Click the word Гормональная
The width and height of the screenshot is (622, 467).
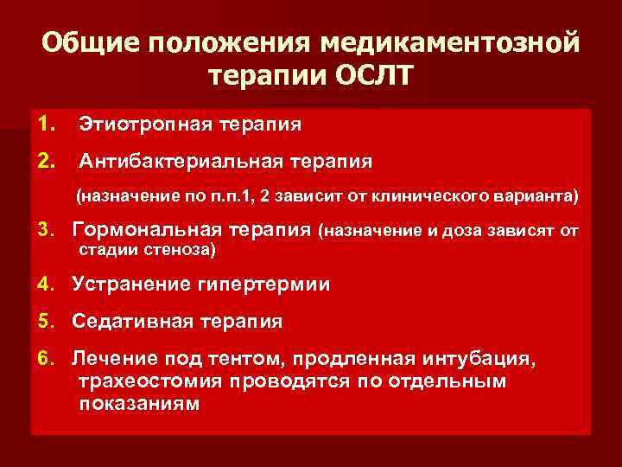click(x=155, y=231)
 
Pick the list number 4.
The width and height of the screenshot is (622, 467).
click(x=45, y=285)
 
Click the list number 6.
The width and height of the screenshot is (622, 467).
click(x=45, y=358)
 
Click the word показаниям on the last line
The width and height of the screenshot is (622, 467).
click(x=139, y=403)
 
